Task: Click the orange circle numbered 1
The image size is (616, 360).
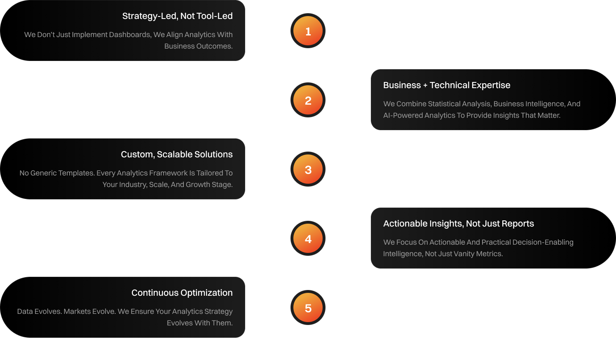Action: click(x=308, y=31)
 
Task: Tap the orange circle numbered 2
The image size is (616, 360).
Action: click(x=308, y=101)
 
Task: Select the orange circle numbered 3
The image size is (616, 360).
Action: click(x=308, y=170)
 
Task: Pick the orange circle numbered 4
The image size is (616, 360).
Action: click(x=308, y=239)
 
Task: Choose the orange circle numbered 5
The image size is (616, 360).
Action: click(x=308, y=308)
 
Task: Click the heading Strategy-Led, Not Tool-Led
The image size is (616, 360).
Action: click(x=177, y=16)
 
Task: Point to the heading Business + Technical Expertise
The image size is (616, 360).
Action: click(x=447, y=85)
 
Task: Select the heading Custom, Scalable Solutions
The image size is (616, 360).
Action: click(x=176, y=154)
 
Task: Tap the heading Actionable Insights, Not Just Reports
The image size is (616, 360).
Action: click(x=458, y=224)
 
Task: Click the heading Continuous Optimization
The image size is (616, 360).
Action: click(x=182, y=293)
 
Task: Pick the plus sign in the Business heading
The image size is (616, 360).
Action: click(x=425, y=86)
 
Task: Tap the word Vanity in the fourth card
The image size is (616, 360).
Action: click(x=464, y=254)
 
